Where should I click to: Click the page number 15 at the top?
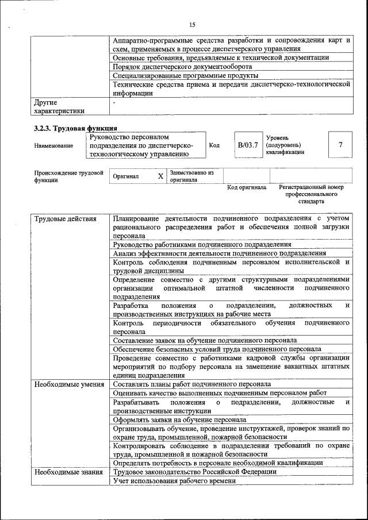tap(192, 24)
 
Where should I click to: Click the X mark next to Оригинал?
tap(160, 176)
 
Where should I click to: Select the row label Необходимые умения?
tap(68, 384)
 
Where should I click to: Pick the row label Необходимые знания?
tap(67, 472)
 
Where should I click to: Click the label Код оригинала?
tap(246, 187)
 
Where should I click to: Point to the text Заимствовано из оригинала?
tap(192, 176)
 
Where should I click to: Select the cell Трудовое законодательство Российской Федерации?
tap(194, 472)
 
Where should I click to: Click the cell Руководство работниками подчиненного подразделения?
tap(202, 244)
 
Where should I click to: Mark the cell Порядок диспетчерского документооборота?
tap(182, 67)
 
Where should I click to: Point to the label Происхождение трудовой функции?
tap(68, 176)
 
